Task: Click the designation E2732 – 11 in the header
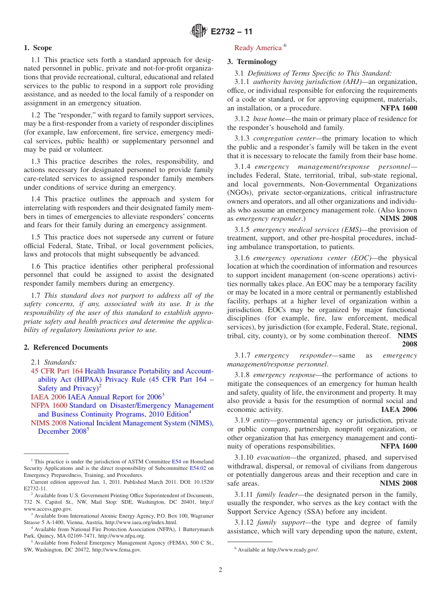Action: point(232,32)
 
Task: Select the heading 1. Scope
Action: point(38,48)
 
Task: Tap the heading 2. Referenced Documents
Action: point(66,347)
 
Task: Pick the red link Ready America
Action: point(258,48)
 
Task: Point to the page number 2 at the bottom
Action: point(220,570)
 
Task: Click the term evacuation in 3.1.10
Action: point(274,457)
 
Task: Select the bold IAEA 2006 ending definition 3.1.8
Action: point(399,410)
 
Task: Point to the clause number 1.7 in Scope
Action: point(36,295)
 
